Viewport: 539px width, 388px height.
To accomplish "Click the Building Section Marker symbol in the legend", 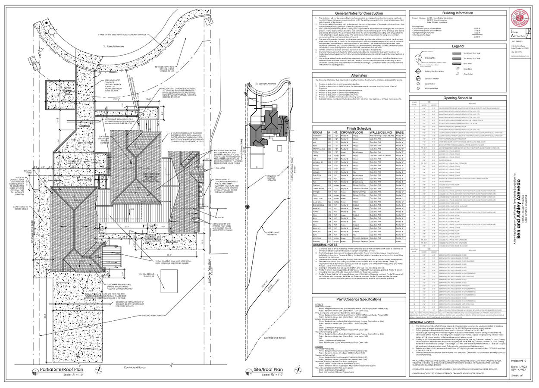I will click(417, 71).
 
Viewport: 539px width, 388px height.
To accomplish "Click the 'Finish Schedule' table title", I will click(359, 128).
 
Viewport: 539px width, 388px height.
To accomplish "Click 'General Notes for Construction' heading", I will click(359, 13).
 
